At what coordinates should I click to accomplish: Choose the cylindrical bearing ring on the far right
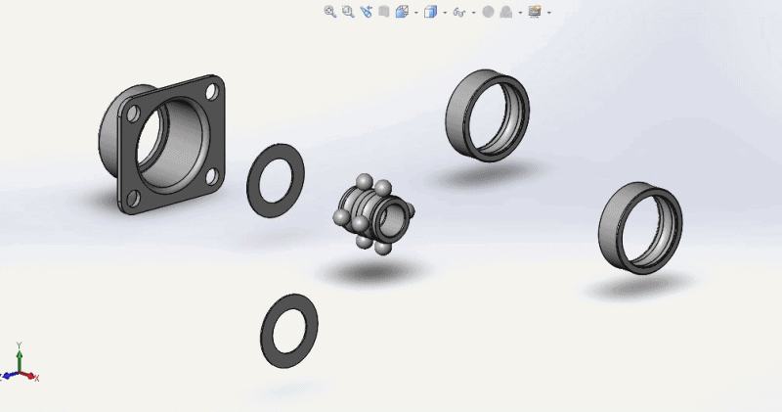coord(639,226)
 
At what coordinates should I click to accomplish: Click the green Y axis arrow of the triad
coord(20,349)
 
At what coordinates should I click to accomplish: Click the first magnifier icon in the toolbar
coord(329,12)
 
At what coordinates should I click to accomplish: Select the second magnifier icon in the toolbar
coord(347,12)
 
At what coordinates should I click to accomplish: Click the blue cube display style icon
coord(430,12)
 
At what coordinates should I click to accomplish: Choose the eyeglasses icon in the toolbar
coord(457,12)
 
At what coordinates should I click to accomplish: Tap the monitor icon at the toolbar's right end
coord(535,12)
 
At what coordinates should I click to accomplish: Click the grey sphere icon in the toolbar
coord(488,12)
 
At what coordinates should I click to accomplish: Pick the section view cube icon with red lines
coord(402,12)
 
